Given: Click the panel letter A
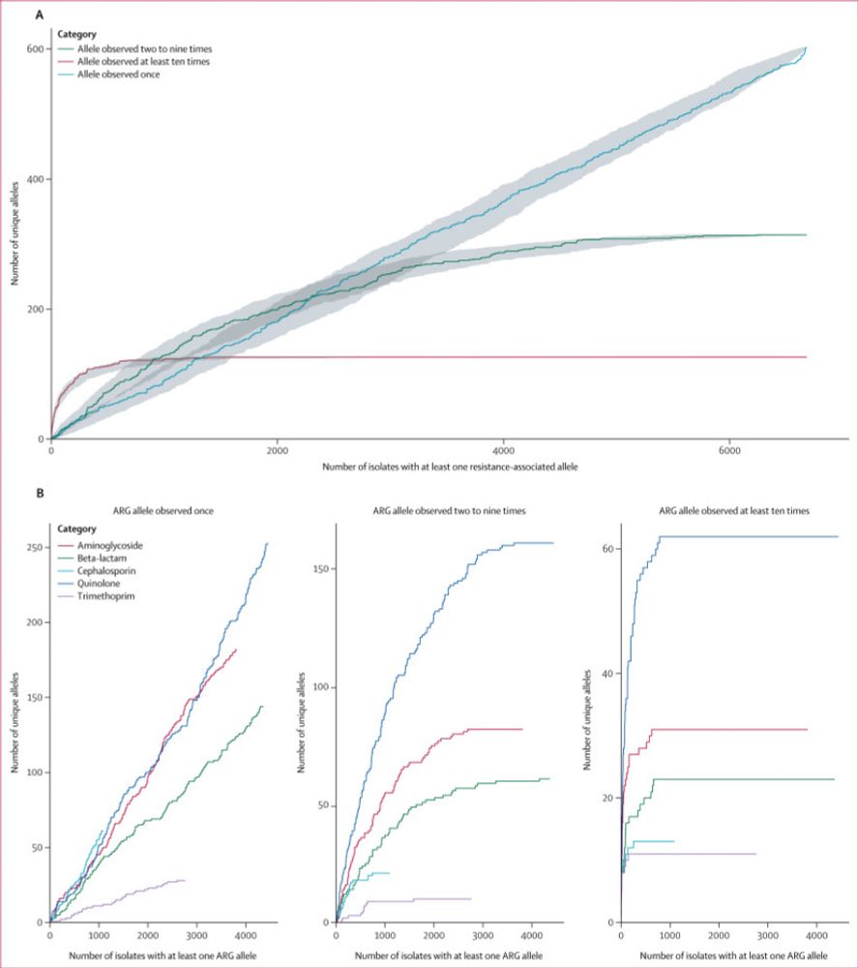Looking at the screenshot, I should pos(39,15).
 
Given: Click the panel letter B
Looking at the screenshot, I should pos(39,493).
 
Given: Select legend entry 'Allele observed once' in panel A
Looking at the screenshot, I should pos(118,75).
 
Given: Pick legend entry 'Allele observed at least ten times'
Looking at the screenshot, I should pos(142,61).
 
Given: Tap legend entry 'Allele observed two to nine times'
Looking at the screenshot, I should pos(143,47).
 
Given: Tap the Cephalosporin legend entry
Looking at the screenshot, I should pos(110,570).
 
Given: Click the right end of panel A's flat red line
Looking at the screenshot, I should pos(806,357).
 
